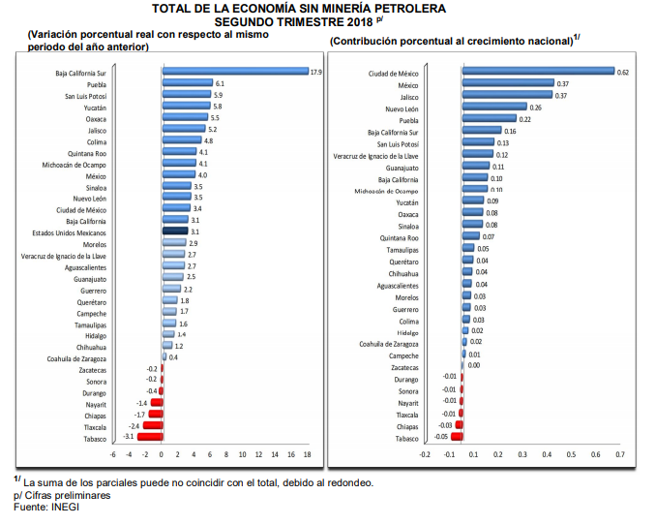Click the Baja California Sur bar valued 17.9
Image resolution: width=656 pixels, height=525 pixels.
[234, 72]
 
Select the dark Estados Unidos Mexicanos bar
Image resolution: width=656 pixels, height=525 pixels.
[174, 232]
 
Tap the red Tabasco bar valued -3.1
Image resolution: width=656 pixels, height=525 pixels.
[149, 438]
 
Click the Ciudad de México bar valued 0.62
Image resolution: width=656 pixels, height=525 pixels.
[538, 72]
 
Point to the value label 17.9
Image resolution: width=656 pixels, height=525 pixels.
[315, 72]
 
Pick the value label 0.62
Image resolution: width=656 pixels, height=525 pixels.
[623, 72]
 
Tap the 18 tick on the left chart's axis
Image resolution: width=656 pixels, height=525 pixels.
[308, 453]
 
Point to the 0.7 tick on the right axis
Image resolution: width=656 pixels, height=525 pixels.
[619, 453]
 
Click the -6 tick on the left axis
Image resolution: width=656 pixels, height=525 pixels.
[113, 453]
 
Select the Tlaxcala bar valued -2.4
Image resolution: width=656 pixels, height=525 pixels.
[152, 426]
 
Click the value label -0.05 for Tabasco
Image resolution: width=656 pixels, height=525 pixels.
[441, 438]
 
